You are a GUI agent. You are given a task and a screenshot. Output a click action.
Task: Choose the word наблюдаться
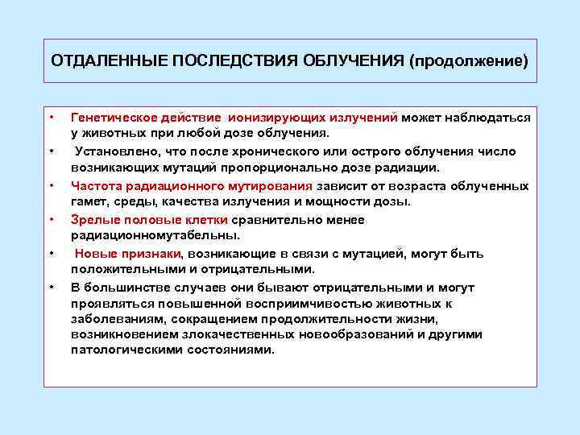pos(490,118)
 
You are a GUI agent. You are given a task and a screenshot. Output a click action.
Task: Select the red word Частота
pos(95,185)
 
